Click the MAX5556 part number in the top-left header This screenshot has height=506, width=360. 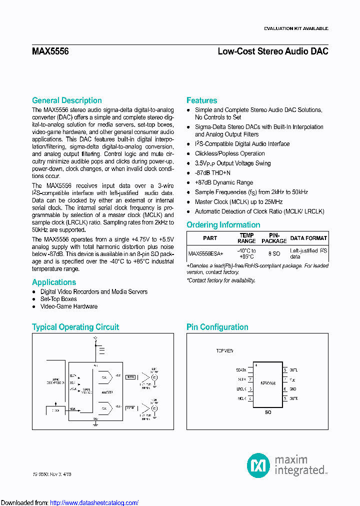[x=50, y=51]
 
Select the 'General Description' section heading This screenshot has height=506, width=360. [x=66, y=100]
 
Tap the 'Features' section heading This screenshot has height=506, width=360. [x=201, y=100]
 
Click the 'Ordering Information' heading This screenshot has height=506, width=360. [x=223, y=225]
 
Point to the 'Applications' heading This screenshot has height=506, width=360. [x=54, y=282]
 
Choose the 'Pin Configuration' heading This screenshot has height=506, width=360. [x=217, y=327]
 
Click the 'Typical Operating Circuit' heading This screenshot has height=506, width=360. [x=75, y=327]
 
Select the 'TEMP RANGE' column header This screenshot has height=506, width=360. [x=246, y=238]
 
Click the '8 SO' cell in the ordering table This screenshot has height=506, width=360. [x=274, y=253]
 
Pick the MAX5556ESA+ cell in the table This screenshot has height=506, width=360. [x=205, y=253]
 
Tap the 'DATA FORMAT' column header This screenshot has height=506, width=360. [x=308, y=238]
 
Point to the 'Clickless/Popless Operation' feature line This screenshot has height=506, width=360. [x=229, y=153]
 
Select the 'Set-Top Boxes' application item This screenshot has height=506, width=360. [x=58, y=299]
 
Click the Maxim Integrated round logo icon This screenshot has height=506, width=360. [x=258, y=465]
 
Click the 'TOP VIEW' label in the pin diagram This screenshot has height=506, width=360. [x=224, y=351]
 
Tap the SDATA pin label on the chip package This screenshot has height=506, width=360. [x=241, y=370]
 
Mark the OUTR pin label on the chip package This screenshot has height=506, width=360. [x=293, y=398]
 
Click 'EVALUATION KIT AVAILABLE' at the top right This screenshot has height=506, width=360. [x=296, y=28]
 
